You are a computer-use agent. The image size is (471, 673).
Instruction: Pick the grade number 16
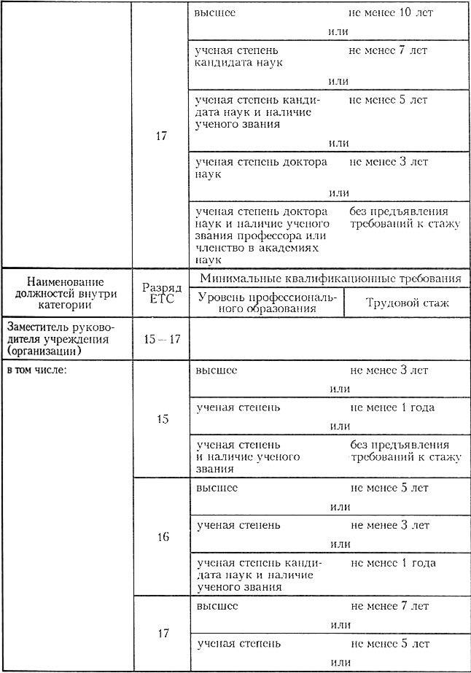(163, 537)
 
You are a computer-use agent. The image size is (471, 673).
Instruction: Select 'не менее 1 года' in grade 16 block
(393, 563)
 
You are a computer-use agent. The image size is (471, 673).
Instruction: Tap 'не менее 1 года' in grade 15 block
(392, 408)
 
